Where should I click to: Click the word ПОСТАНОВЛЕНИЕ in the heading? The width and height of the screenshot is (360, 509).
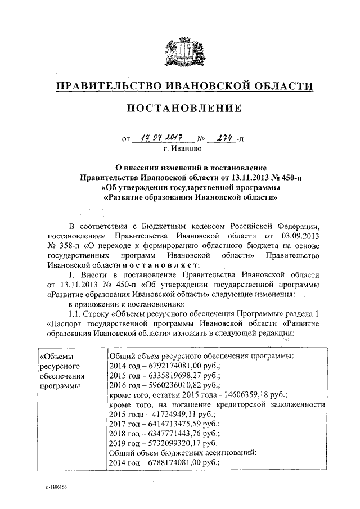coord(180,107)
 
